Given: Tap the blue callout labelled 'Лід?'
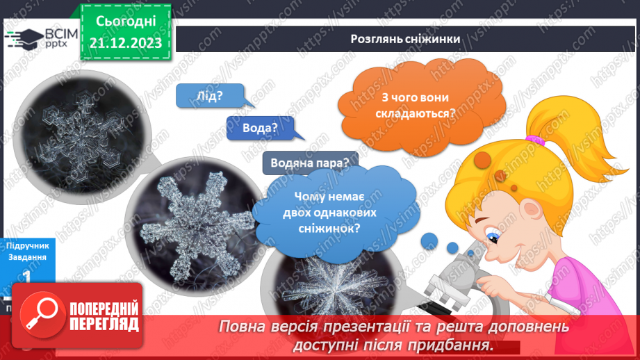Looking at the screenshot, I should point(205,96).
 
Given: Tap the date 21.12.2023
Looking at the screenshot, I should point(126,42).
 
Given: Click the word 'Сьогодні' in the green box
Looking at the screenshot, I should point(126,22).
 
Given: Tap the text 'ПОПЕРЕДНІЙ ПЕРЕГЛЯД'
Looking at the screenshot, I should point(103,317).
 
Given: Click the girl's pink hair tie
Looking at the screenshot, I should point(534,140).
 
